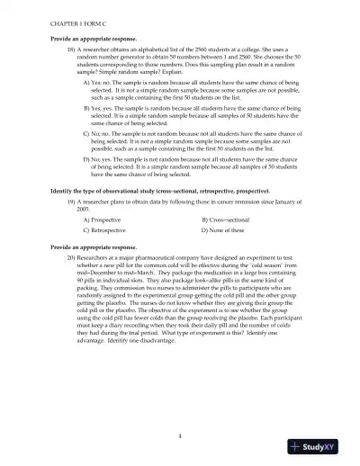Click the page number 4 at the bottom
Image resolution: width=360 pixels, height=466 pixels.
pyautogui.click(x=180, y=435)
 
